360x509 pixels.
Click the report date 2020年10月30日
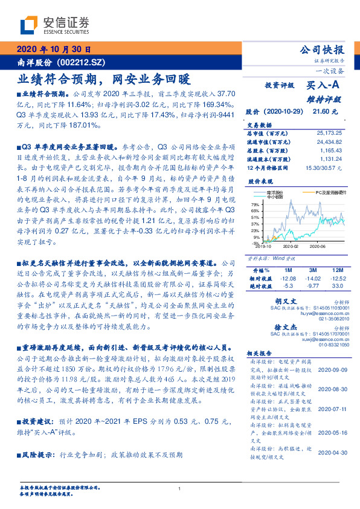54,50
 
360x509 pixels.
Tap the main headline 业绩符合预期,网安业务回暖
103,79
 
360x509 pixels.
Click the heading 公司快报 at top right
322,50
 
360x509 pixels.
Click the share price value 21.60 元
320,112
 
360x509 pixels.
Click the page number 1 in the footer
180,488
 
